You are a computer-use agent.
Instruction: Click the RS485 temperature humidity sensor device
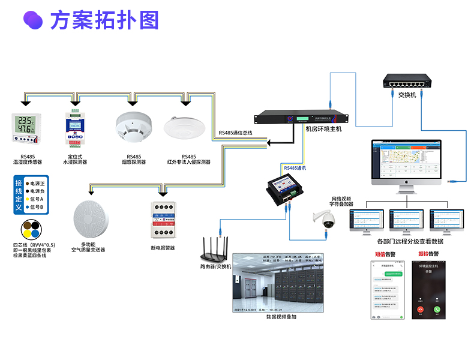pos(26,128)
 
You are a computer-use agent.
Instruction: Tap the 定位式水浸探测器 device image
pos(75,128)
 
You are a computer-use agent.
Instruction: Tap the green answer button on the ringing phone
pos(437,310)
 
